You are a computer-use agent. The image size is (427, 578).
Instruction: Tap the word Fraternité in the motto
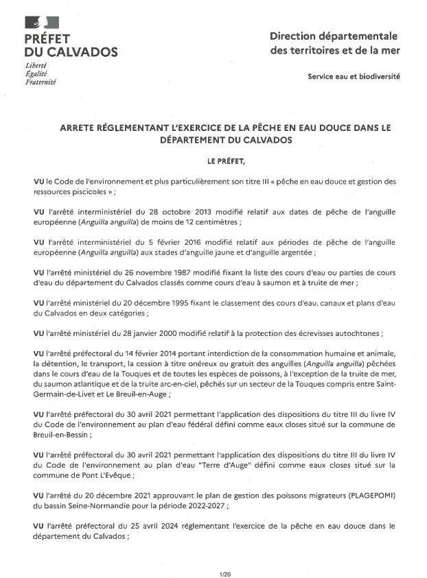[x=40, y=82]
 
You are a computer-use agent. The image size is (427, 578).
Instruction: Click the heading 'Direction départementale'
[x=334, y=36]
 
